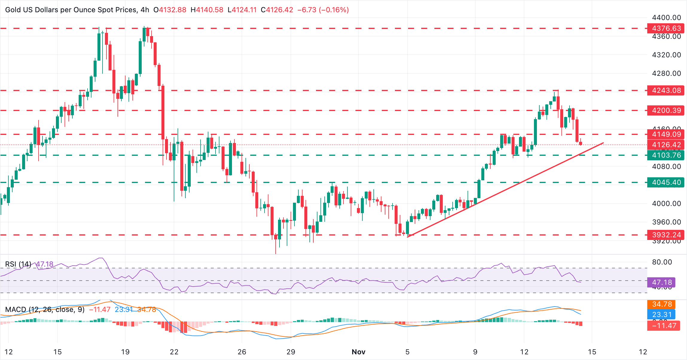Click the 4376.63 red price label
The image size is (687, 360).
[666, 28]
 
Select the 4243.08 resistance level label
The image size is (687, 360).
[666, 90]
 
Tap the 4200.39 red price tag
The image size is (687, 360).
[666, 110]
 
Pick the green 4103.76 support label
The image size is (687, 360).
[666, 155]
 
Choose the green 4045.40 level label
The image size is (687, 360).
[666, 182]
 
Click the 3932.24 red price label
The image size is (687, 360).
[666, 235]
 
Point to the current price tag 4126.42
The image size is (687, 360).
[666, 145]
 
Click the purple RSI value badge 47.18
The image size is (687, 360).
[662, 282]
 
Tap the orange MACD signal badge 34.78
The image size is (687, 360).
[662, 304]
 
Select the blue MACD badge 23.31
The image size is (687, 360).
[662, 315]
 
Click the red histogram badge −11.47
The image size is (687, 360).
[664, 325]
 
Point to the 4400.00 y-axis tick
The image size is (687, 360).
[666, 18]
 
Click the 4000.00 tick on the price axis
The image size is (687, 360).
[666, 204]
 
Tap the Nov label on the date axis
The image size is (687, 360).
[358, 352]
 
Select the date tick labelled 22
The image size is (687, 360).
[174, 352]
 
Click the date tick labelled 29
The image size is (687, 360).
[291, 352]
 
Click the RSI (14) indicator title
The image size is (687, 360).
[18, 264]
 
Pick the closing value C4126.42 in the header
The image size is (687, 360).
[277, 10]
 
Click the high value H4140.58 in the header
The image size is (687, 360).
[207, 10]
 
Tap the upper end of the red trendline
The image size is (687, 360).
[603, 143]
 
